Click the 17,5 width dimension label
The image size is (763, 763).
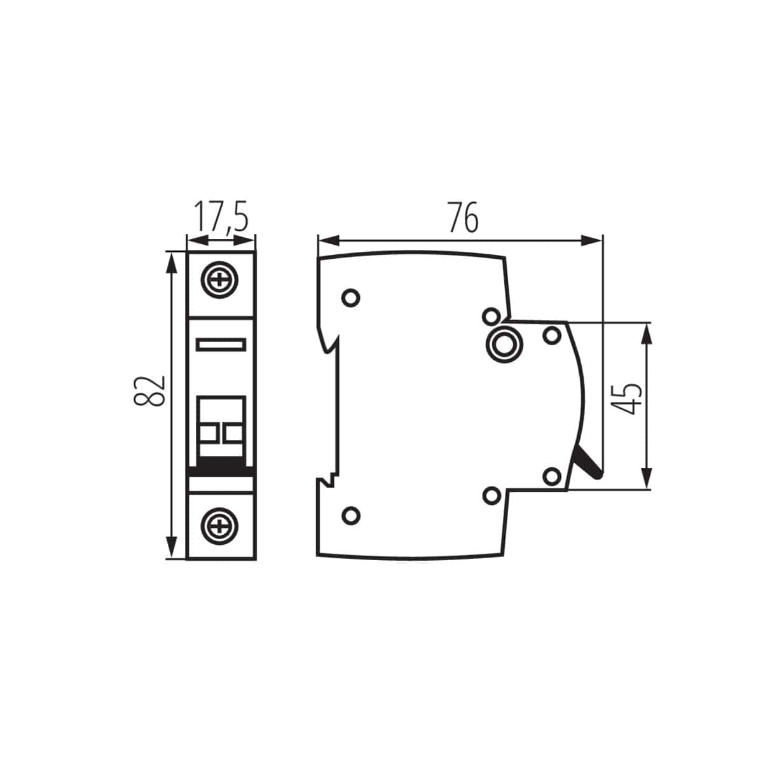[220, 217]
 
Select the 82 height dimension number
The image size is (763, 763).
[150, 390]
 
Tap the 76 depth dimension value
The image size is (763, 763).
[462, 217]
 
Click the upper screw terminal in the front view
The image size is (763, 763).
[221, 280]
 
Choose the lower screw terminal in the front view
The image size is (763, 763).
[221, 525]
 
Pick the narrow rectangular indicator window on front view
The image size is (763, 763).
[221, 345]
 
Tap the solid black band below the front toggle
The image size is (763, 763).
[221, 467]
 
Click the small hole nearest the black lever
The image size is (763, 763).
[553, 475]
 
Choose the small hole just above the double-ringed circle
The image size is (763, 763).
[490, 315]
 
